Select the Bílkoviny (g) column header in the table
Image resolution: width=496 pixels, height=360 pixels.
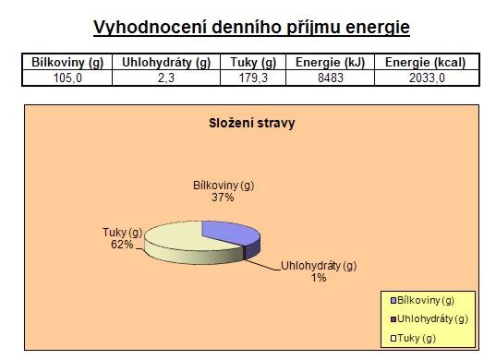coord(67,63)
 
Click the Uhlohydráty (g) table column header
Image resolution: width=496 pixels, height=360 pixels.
coord(166,63)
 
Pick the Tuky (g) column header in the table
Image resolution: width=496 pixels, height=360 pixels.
coord(253,63)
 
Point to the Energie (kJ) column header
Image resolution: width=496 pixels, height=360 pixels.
coord(331,63)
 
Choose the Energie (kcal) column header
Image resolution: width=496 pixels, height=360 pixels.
coord(426,63)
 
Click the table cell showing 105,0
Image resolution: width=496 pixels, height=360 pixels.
coord(67,78)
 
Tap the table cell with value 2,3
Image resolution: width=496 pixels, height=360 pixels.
coord(166,78)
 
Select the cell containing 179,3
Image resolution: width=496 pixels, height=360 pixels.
coord(253,78)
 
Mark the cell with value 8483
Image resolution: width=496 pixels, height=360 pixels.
coord(331,78)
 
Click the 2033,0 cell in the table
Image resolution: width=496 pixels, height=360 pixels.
coord(427,78)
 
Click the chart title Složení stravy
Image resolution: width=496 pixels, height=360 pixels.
coord(252,123)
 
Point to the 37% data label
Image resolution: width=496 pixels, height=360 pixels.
coord(223,198)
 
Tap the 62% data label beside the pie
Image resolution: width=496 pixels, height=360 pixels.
coord(122,245)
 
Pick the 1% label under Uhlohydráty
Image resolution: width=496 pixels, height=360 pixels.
coord(319,278)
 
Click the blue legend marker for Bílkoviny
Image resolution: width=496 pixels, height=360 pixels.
coord(393,301)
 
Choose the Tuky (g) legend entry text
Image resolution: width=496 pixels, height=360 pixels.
coord(417,338)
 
